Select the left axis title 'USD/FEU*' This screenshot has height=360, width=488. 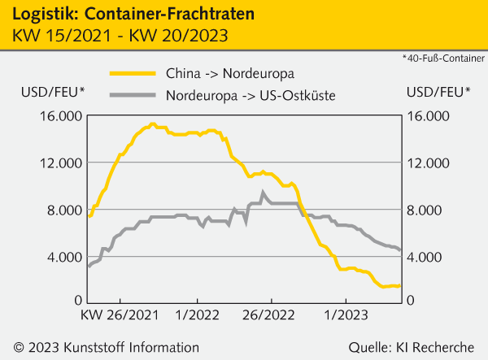coord(44,90)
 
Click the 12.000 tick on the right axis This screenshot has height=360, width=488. coord(428,163)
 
